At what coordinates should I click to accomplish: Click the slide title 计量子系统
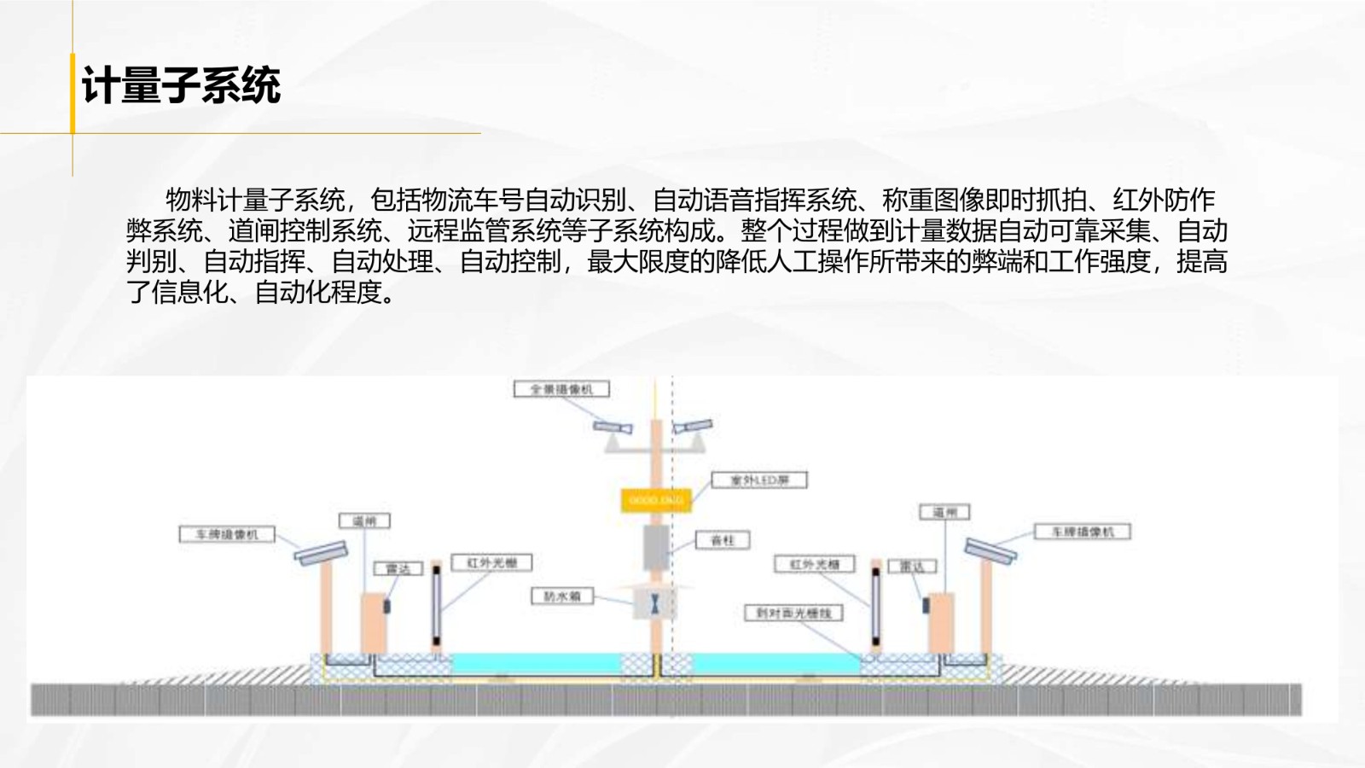[x=181, y=86]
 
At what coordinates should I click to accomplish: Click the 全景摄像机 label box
[x=561, y=389]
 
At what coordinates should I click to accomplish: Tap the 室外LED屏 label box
[x=759, y=480]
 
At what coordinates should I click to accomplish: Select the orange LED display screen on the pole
[x=655, y=500]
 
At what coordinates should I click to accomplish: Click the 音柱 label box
[x=722, y=540]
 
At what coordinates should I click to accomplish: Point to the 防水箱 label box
[x=562, y=596]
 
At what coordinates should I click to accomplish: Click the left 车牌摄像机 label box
[x=227, y=534]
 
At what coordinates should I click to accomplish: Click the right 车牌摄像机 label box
[x=1083, y=532]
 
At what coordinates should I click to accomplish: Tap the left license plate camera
[x=321, y=552]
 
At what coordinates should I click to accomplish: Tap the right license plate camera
[x=990, y=550]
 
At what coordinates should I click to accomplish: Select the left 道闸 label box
[x=364, y=521]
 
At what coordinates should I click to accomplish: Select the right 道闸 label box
[x=944, y=512]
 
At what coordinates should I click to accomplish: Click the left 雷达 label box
[x=398, y=568]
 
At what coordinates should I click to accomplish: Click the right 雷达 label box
[x=912, y=566]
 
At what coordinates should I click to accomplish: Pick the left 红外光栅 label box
[x=491, y=562]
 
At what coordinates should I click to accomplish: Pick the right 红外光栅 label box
[x=815, y=564]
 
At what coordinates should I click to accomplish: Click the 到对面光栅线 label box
[x=793, y=613]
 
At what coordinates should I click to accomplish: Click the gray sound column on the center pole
[x=655, y=546]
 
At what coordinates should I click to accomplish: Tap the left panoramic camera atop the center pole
[x=613, y=427]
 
